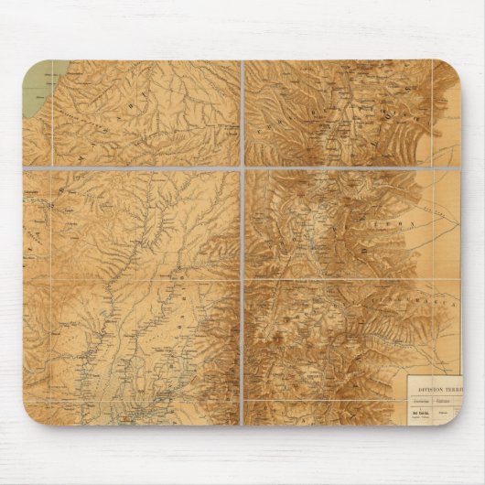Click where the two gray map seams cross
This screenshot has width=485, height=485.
(242, 167)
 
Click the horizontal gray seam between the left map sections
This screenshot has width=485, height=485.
(133, 167)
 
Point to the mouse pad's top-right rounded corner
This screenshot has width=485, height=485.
(454, 70)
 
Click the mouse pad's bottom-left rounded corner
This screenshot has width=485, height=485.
(33, 415)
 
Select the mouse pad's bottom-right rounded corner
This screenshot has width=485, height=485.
(454, 415)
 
